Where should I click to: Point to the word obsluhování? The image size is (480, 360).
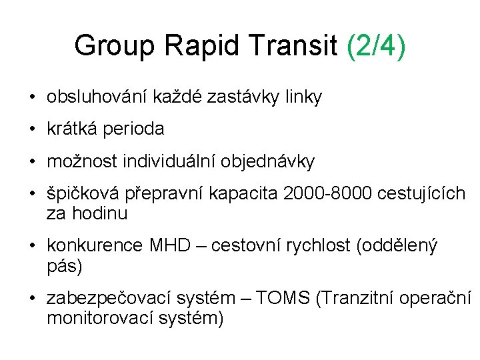tap(98, 97)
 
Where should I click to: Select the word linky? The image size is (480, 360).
tap(302, 97)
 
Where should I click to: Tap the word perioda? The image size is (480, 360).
tap(133, 129)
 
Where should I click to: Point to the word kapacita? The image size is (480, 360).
tap(244, 193)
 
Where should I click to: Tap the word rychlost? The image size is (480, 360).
tap(319, 246)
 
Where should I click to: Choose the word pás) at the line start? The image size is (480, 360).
tap(64, 267)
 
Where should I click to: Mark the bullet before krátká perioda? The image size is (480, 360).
tap(33, 129)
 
